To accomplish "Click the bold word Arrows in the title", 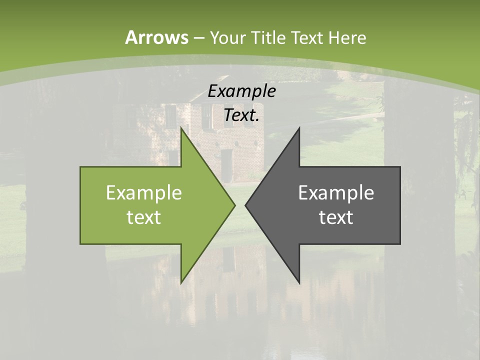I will (x=156, y=37).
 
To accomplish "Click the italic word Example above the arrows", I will (x=241, y=91).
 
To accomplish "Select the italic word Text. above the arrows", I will (x=241, y=115).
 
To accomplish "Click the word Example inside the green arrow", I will (x=143, y=193).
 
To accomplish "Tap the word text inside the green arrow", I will (x=143, y=217).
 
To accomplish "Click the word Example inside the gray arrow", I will (x=336, y=193).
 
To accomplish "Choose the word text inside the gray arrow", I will (x=336, y=217).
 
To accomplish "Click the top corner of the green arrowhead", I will (x=181, y=128).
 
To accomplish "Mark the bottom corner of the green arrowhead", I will (x=181, y=282).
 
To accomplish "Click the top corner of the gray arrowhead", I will (x=299, y=128).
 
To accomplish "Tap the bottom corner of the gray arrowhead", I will (x=299, y=282).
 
